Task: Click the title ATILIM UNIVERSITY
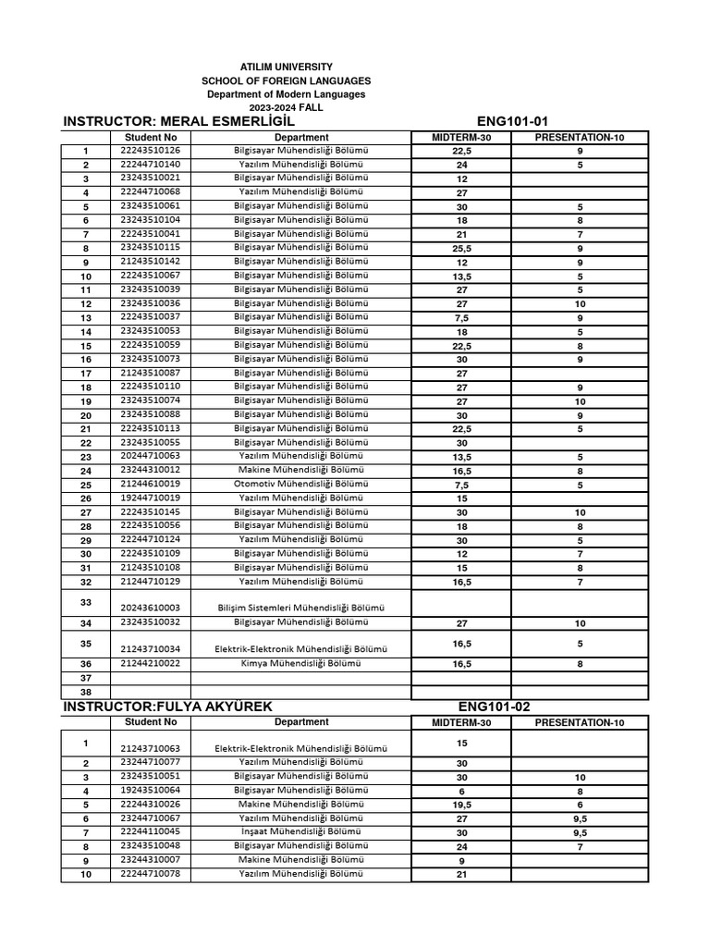(286, 68)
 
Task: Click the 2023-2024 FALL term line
(286, 107)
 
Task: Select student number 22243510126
(151, 150)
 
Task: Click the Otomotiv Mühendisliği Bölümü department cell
(301, 484)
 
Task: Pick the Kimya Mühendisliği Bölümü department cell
(301, 663)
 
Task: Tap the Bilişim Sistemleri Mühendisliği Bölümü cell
(301, 608)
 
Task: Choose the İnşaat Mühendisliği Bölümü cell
(301, 831)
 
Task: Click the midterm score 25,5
(462, 248)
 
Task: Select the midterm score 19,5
(462, 804)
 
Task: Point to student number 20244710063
(151, 456)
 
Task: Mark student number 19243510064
(151, 791)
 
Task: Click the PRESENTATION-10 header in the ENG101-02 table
(580, 722)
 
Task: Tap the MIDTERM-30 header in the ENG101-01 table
(462, 138)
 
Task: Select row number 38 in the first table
(86, 692)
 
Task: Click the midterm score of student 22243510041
(462, 234)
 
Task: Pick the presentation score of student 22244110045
(580, 832)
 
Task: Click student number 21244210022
(151, 663)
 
